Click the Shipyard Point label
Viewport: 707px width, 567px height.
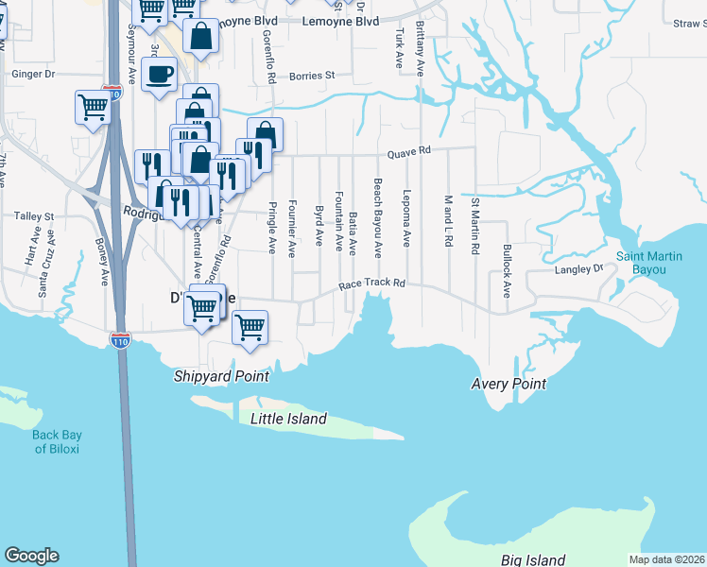point(221,376)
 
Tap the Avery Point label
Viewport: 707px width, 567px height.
point(509,384)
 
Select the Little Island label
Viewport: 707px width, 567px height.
point(288,419)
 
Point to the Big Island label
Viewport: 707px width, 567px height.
point(533,560)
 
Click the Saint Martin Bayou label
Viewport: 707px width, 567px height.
point(655,263)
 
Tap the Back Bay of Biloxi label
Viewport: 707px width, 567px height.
point(59,441)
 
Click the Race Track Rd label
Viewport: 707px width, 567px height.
point(373,283)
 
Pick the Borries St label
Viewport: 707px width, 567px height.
point(313,76)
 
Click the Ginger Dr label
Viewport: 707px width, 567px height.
point(34,73)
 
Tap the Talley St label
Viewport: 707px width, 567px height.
point(34,216)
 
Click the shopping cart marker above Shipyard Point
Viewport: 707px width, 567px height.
point(250,327)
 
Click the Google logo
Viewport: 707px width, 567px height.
point(31,556)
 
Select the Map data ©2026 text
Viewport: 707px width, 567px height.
point(666,559)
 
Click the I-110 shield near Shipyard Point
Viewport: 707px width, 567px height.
point(120,339)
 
